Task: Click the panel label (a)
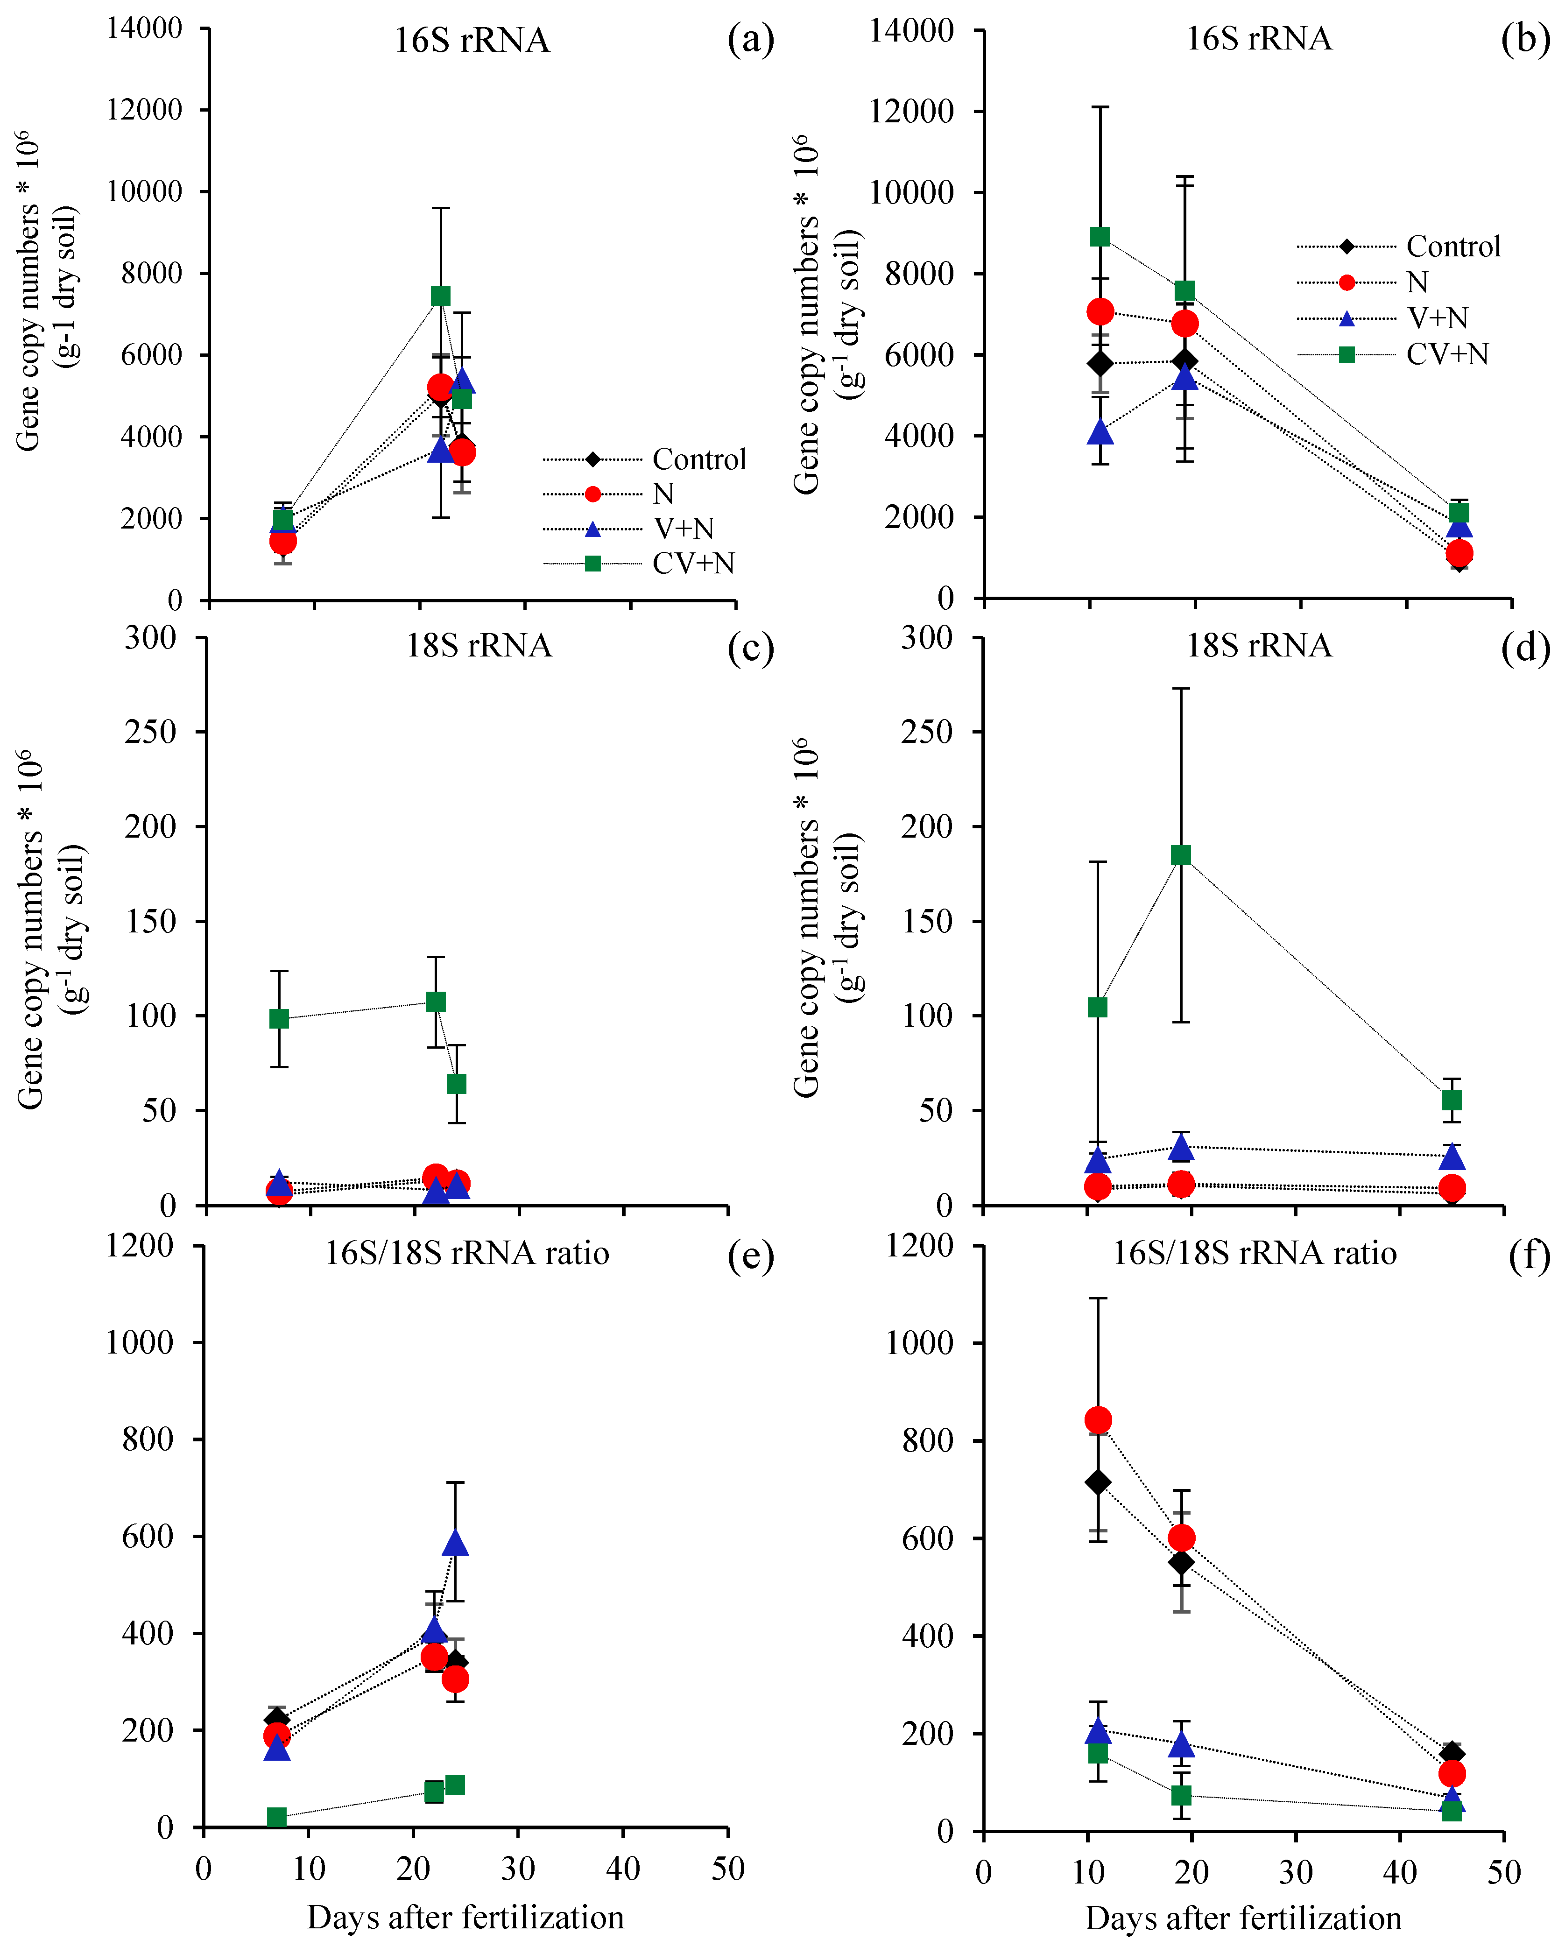tap(750, 41)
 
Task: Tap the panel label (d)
tap(1525, 648)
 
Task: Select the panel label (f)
tap(1529, 1255)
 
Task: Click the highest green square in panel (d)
tap(1180, 855)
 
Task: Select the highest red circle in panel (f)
tap(1097, 1420)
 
